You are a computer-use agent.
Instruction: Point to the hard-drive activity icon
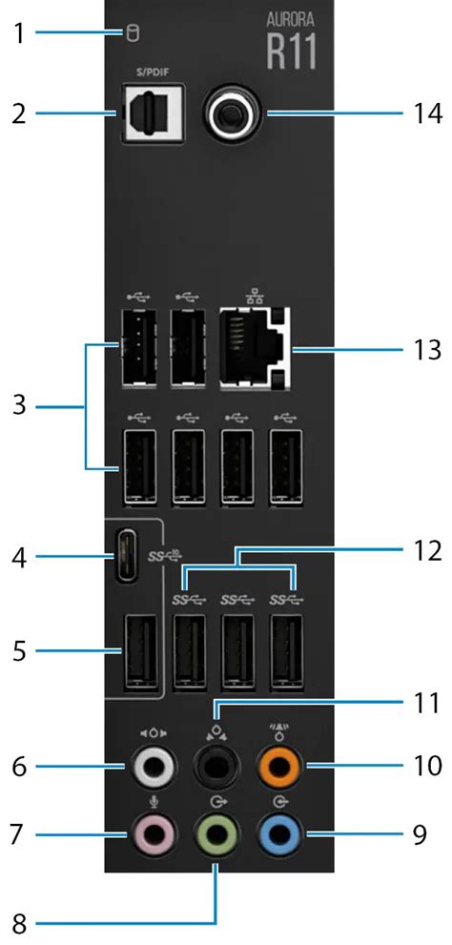tap(132, 35)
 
